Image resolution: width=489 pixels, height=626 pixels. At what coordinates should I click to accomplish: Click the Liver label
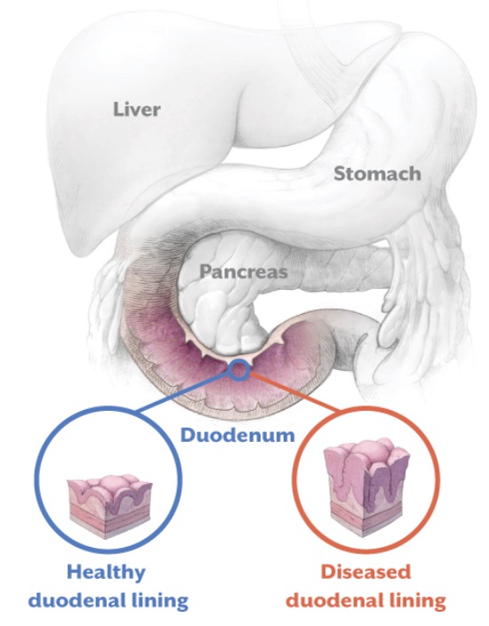[137, 109]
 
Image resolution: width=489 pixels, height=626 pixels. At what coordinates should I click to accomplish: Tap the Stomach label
[377, 173]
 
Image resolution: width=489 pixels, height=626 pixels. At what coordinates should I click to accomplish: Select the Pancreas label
[244, 272]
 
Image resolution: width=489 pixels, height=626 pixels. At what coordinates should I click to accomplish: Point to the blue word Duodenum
[237, 435]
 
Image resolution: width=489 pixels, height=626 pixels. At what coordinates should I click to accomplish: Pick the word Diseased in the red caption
[365, 572]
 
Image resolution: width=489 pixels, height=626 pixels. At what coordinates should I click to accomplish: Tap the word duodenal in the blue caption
[77, 600]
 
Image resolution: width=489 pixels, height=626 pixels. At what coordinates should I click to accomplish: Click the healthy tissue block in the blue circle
[109, 505]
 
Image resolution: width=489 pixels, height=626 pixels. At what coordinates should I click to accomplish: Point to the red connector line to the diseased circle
[295, 392]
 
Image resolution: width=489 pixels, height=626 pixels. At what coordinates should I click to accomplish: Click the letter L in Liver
[118, 109]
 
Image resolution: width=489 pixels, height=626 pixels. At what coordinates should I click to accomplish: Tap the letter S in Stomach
[340, 174]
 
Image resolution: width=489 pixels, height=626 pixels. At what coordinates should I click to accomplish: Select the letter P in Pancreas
[205, 272]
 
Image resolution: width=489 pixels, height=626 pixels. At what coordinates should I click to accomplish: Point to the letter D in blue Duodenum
[188, 435]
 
